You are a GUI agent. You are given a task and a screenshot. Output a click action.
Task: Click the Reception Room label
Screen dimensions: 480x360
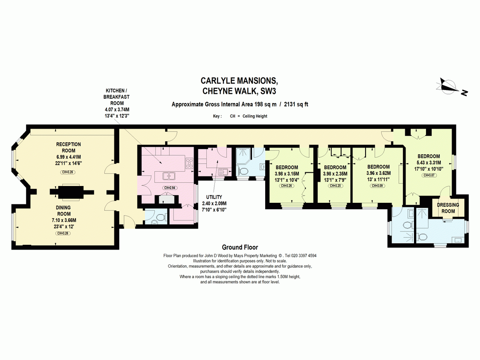[68, 148]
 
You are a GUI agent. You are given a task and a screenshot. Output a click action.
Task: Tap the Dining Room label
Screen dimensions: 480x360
[64, 211]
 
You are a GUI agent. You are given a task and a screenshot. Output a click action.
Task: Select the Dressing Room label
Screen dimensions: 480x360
[448, 208]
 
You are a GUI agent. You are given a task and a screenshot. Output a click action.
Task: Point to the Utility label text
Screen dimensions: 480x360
[214, 197]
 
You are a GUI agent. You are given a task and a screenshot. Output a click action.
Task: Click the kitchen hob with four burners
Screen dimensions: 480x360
[189, 163]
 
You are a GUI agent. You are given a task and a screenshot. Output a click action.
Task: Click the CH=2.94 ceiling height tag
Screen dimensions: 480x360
[170, 188]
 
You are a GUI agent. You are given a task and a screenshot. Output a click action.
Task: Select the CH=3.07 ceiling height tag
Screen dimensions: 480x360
[429, 175]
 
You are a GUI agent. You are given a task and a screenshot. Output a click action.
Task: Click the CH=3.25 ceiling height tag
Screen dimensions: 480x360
[335, 186]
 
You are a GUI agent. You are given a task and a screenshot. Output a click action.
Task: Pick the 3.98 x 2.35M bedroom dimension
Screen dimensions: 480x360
[335, 174]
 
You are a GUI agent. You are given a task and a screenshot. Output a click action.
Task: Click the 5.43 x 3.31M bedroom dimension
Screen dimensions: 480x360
[429, 163]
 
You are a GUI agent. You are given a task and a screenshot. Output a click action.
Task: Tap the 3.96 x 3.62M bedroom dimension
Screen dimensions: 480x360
[378, 173]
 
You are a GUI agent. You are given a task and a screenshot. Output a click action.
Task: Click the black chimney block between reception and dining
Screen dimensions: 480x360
[71, 192]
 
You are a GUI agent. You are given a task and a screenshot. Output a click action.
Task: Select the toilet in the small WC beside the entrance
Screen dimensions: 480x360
[161, 218]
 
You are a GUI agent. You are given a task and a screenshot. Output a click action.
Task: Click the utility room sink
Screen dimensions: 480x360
[223, 172]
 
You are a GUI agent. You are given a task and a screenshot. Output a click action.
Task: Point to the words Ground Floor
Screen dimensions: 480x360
[240, 247]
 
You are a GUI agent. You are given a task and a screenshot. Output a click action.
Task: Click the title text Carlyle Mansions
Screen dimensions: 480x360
[239, 81]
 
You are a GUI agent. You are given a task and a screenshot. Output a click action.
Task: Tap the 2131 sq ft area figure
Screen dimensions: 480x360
[296, 104]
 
